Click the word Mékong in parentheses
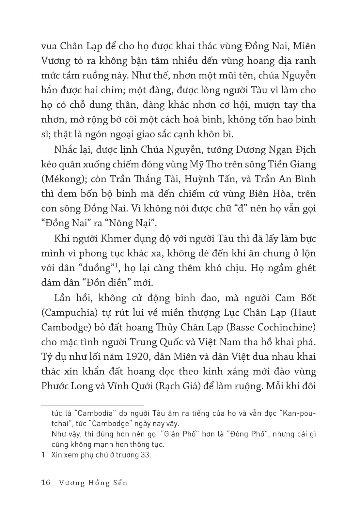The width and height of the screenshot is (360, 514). pyautogui.click(x=62, y=179)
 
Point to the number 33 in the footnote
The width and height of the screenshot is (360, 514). pyautogui.click(x=146, y=455)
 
